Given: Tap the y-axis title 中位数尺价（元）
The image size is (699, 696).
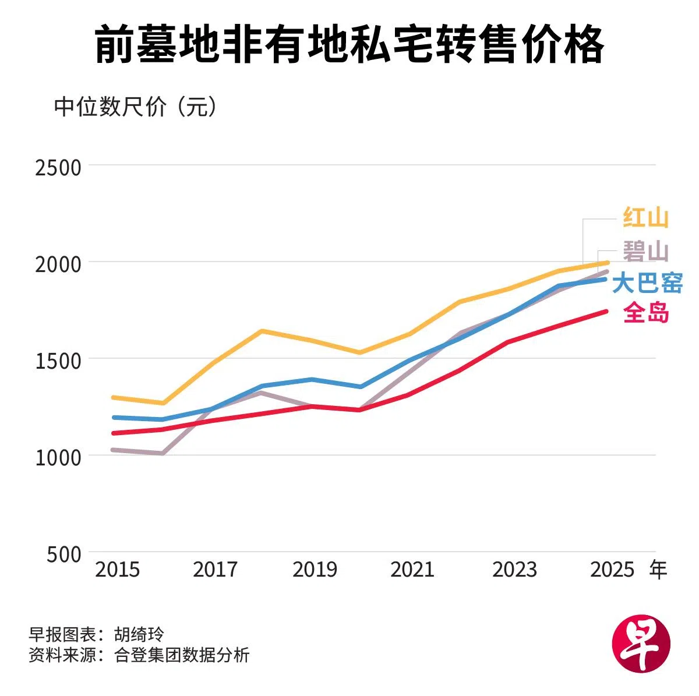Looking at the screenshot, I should coord(135,107).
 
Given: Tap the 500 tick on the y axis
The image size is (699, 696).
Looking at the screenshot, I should coord(64,554).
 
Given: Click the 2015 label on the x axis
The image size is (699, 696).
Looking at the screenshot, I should coord(118,569).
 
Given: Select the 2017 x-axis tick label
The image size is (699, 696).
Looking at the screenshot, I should coord(216,569).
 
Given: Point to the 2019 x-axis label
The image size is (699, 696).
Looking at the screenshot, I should coord(315,569).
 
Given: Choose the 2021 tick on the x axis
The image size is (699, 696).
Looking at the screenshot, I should coord(412,569).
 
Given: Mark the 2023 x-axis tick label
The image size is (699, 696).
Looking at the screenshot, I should coord(514,569).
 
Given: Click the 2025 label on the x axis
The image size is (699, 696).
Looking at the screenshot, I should coord(612,569).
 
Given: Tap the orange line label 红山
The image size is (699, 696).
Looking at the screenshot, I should coord(645,218).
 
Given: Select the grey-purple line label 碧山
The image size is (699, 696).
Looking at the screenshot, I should coord(645,252).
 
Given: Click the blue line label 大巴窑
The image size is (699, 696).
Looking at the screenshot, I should coord(647,283).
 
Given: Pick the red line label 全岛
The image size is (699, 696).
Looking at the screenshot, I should coord(646,313).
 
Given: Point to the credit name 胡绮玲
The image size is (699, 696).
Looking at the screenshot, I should coord(139,634).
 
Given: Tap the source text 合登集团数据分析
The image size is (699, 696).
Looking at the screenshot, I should coord(182,655).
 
